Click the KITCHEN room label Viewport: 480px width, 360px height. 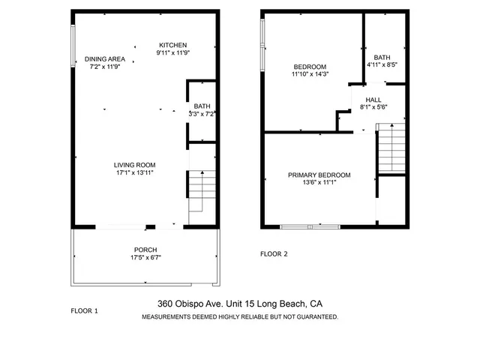point(172,45)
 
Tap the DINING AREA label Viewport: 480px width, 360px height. point(105,58)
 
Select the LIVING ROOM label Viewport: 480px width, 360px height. point(134,165)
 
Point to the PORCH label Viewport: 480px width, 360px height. point(145,250)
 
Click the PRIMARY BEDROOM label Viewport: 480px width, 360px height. point(319,175)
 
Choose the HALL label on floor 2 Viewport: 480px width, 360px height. point(373,99)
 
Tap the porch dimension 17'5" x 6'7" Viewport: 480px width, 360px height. point(145,258)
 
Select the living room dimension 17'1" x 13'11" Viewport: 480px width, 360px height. point(134,173)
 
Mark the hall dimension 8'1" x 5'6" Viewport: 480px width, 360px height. point(373,107)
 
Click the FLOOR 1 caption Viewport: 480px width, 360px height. point(84,310)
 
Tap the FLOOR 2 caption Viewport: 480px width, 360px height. point(274,253)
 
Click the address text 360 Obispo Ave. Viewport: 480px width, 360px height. point(186,304)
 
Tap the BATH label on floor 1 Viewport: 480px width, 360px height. point(202,106)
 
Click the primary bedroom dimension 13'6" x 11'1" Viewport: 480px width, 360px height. point(319,182)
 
